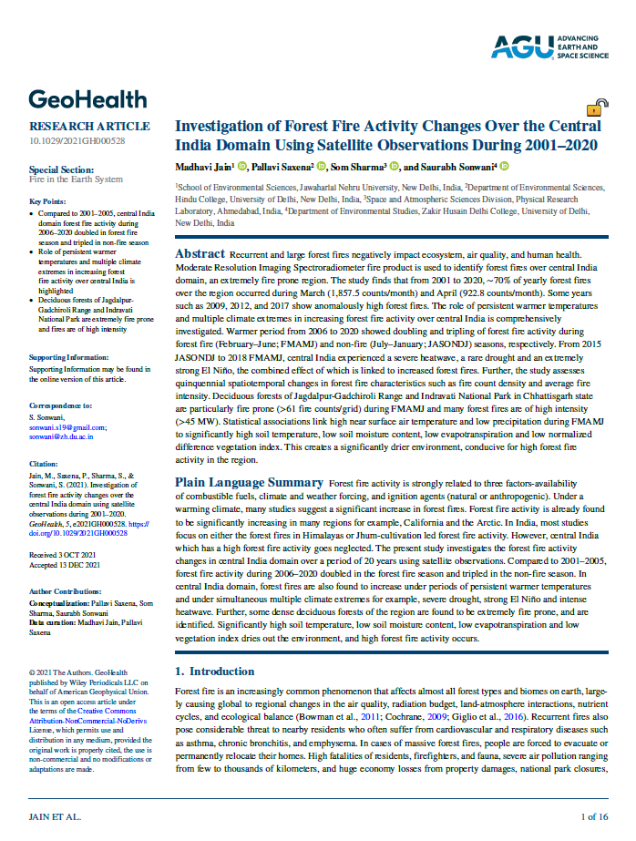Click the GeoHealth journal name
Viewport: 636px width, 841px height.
tap(87, 98)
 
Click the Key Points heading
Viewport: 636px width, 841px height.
tap(47, 201)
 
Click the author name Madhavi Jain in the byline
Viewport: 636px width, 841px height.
tap(203, 167)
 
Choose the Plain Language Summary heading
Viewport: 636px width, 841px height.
tap(249, 481)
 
